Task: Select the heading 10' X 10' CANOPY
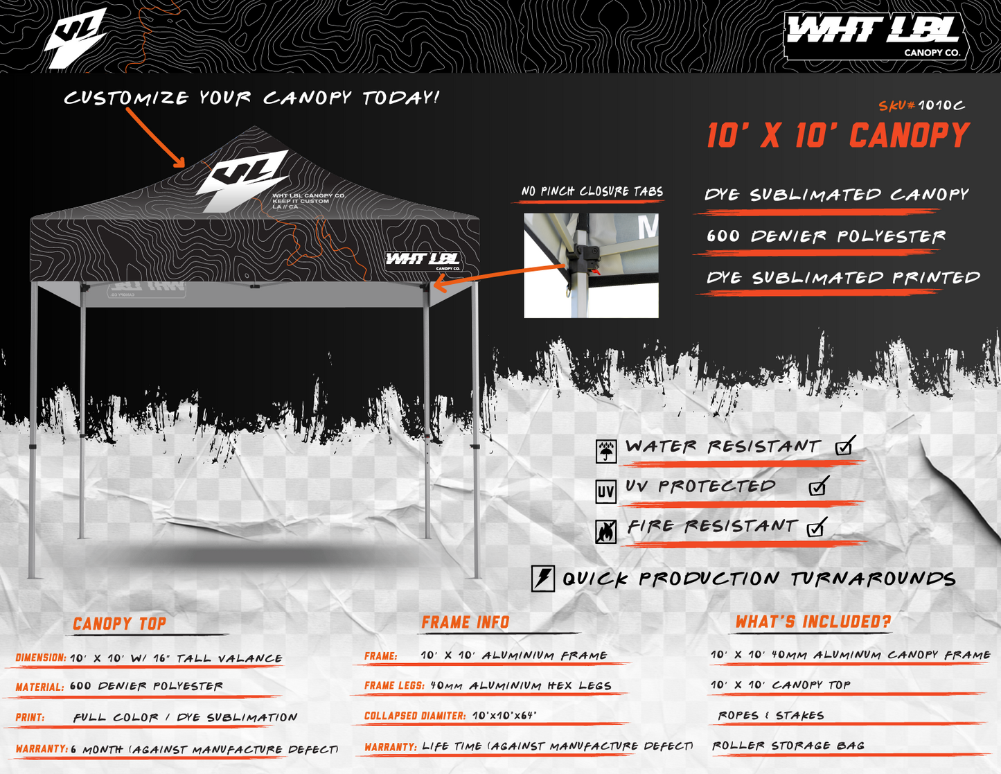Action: point(838,136)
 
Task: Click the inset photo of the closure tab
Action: point(591,265)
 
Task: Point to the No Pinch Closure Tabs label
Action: point(592,192)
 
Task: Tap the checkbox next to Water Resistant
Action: point(844,447)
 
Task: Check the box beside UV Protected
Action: point(818,487)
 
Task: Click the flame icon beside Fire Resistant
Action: point(606,531)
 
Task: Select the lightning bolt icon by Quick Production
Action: point(543,578)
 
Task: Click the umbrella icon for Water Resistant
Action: point(606,451)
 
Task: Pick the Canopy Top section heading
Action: point(120,624)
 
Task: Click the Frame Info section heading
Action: point(466,622)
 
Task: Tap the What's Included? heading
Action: point(813,622)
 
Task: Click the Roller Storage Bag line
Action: point(788,746)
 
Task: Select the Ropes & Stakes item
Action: point(771,715)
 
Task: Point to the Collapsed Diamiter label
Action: point(415,716)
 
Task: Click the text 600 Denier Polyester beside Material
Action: point(146,686)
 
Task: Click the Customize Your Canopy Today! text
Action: point(252,98)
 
